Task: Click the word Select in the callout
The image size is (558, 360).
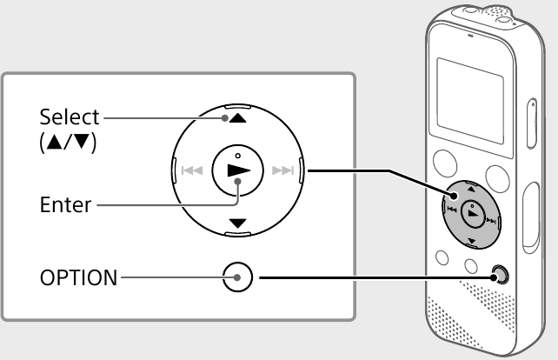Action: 70,117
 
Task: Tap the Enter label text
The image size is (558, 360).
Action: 65,204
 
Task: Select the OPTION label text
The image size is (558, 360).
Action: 78,277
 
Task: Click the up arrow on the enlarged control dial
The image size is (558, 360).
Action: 238,118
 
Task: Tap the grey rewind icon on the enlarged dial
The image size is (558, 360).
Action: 192,170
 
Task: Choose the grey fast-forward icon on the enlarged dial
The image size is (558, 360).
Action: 283,170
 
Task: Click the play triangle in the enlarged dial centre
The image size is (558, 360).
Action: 239,170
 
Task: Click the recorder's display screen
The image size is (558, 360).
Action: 470,101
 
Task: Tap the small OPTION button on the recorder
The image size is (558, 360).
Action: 500,275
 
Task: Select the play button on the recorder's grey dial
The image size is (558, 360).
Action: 473,213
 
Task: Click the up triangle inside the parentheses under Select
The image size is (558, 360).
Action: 54,142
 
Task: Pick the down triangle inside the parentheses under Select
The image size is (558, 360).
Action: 81,142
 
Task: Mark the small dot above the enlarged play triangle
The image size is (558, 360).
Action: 238,156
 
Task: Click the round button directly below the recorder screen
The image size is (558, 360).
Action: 445,163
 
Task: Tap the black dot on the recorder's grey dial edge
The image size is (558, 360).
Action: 454,196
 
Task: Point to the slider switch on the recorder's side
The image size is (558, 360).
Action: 532,123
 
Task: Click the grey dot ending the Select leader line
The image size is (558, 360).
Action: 224,118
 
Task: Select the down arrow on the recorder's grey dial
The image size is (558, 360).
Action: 472,241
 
